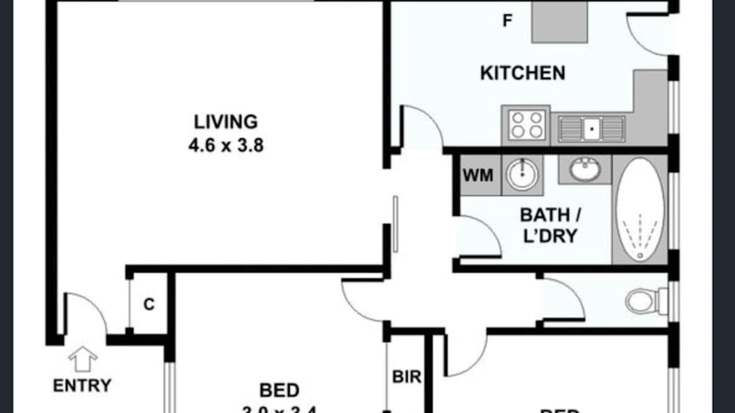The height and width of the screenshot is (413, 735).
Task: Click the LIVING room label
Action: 226,122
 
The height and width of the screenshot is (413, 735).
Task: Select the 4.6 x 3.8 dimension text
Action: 226,145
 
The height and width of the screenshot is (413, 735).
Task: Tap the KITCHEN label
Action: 522,73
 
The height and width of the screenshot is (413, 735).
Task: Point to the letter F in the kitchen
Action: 506,21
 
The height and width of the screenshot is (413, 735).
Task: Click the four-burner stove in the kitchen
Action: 526,125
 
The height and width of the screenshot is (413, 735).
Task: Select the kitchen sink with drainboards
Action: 591,128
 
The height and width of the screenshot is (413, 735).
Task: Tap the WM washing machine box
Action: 478,175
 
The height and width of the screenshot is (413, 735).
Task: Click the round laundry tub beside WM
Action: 522,174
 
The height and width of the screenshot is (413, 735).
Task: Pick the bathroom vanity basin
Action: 585,169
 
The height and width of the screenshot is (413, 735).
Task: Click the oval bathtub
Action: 640,209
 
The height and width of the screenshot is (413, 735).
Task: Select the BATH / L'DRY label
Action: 550,225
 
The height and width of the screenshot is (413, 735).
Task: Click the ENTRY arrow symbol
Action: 83,359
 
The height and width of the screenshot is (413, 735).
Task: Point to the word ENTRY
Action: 82,385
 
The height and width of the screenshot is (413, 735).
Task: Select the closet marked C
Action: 149,304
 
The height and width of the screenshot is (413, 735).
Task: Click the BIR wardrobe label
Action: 407,377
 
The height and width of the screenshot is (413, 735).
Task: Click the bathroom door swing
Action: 478,237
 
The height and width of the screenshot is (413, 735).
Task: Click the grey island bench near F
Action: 559,21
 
